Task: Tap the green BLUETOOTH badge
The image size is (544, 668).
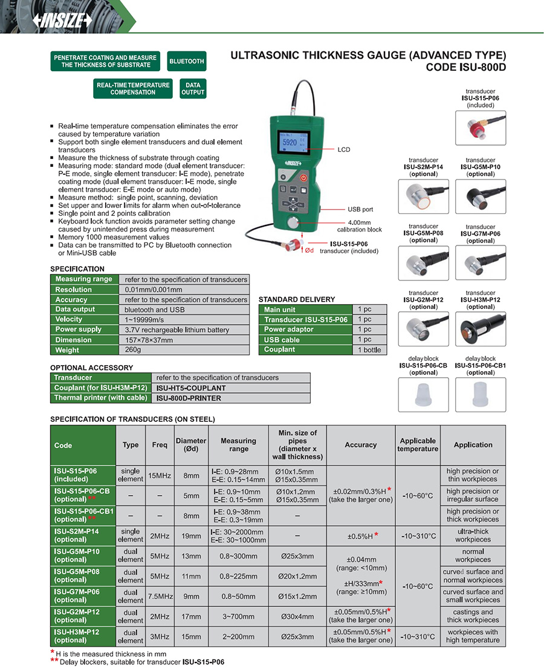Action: [187, 62]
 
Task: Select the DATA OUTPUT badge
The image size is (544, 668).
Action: [193, 89]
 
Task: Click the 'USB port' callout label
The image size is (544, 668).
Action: [360, 209]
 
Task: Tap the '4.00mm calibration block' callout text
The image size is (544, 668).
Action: [360, 226]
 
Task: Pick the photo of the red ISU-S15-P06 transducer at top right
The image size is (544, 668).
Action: [481, 128]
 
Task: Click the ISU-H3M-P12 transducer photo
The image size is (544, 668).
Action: [481, 329]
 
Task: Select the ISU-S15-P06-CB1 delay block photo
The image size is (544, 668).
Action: [481, 395]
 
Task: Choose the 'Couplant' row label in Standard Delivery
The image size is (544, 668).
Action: [280, 349]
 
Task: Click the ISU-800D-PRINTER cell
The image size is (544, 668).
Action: [189, 398]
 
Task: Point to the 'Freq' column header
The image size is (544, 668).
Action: [160, 445]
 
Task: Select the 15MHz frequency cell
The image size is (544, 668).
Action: [160, 476]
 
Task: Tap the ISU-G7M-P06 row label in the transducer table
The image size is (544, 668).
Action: [76, 595]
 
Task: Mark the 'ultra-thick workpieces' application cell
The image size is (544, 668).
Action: [473, 535]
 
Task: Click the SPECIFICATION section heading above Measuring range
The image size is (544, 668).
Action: [77, 269]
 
